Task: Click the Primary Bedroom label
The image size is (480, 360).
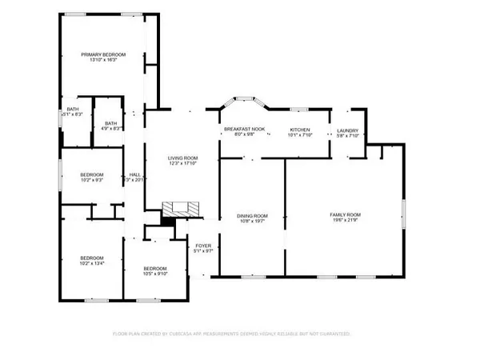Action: (x=102, y=54)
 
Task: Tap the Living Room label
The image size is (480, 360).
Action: (x=182, y=158)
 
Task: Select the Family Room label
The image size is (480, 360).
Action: (x=346, y=214)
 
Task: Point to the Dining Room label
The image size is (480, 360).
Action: (x=251, y=214)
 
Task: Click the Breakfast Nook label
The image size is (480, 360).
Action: (x=238, y=129)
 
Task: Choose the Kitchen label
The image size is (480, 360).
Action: (x=300, y=129)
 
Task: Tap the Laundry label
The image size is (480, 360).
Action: (x=347, y=130)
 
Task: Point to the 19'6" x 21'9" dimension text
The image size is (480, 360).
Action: (x=346, y=221)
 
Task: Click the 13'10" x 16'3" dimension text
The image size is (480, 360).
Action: (x=102, y=61)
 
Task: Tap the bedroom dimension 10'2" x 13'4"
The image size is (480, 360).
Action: (x=92, y=262)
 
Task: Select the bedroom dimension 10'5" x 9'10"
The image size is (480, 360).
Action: (x=154, y=274)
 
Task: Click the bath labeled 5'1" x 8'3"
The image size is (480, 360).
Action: (x=72, y=115)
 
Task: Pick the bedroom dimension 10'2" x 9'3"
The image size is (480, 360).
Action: (x=92, y=180)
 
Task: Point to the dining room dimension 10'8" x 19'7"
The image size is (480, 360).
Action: (x=251, y=221)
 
